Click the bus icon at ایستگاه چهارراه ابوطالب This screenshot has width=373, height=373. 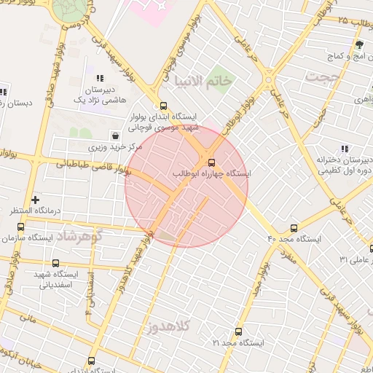tap(212, 162)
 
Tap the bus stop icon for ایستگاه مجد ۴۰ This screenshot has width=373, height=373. tap(294, 228)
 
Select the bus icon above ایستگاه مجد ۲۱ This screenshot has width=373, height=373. tap(237, 331)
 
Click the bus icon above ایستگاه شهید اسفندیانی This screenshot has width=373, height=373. tap(56, 263)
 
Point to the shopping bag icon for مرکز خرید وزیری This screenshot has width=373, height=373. tap(116, 136)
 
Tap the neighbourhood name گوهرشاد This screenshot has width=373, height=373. tap(80, 236)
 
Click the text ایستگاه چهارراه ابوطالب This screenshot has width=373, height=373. tap(212, 174)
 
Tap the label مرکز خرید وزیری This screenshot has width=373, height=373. tap(117, 146)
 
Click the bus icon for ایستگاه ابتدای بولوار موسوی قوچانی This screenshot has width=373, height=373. tap(163, 105)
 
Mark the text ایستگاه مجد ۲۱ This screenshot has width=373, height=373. tap(237, 342)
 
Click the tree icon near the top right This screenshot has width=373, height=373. tap(358, 46)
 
